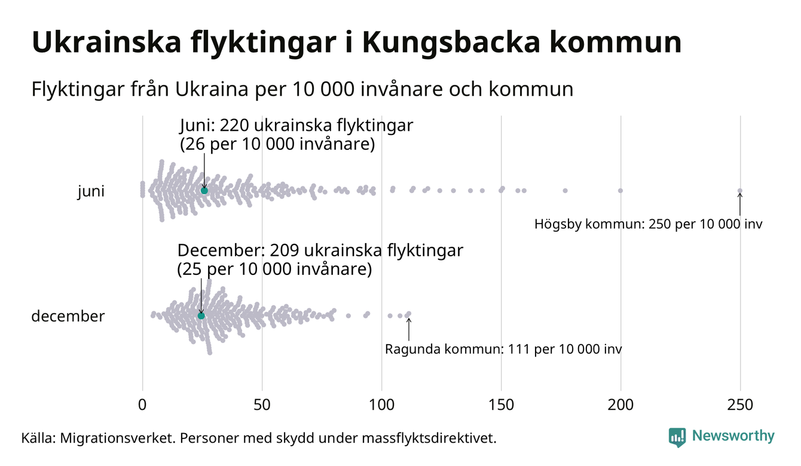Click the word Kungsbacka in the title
450,43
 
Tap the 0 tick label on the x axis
142,405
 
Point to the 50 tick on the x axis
262,405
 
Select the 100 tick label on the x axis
381,405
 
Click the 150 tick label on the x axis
501,405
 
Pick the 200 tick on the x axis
620,405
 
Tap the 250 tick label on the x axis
740,405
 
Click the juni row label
91,192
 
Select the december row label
68,316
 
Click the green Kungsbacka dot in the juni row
204,190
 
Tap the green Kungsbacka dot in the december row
201,315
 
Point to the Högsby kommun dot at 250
740,191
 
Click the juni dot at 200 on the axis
620,191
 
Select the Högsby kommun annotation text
649,225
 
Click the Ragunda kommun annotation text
503,349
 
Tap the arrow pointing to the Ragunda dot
409,329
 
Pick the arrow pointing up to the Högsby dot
740,204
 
